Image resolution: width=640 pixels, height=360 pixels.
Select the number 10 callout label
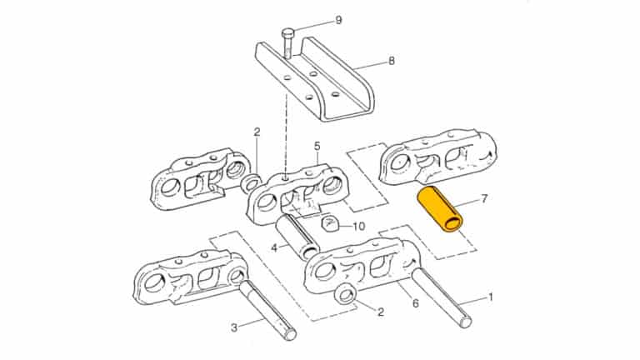pos(360,226)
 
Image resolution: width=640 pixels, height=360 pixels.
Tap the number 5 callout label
pos(317,147)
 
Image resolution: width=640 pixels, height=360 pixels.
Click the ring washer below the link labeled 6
pos(344,294)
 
